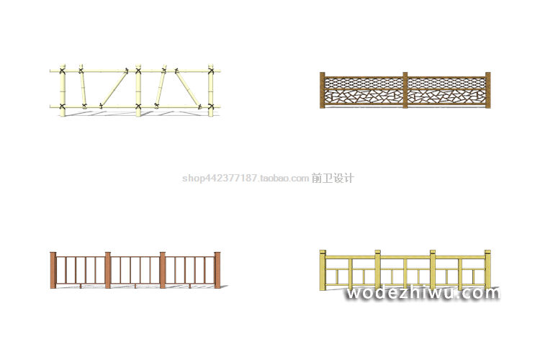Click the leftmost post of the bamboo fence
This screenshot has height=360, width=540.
(62, 90)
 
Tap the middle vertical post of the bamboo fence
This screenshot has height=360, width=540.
(138, 91)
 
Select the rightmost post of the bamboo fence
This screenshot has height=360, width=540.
(211, 90)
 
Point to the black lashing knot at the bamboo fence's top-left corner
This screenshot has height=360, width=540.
(62, 71)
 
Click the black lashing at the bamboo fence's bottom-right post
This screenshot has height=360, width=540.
(211, 107)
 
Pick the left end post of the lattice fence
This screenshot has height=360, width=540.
(323, 90)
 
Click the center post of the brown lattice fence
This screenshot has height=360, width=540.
(405, 90)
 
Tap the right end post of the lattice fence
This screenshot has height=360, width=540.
(487, 90)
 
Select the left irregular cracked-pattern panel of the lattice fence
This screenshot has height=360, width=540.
(364, 99)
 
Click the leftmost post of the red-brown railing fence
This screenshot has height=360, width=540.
(53, 270)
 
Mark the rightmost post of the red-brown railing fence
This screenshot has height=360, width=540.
(217, 270)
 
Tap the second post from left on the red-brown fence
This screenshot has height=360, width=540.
(108, 270)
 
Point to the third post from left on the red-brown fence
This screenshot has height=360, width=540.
(163, 270)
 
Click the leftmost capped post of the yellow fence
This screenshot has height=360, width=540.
(323, 270)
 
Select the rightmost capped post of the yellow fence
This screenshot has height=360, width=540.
(487, 268)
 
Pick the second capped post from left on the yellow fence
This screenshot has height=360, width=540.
(377, 268)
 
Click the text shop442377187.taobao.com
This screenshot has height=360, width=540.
(246, 179)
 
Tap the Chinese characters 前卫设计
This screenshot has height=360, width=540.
(333, 179)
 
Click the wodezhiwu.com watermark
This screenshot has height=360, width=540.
(422, 293)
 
